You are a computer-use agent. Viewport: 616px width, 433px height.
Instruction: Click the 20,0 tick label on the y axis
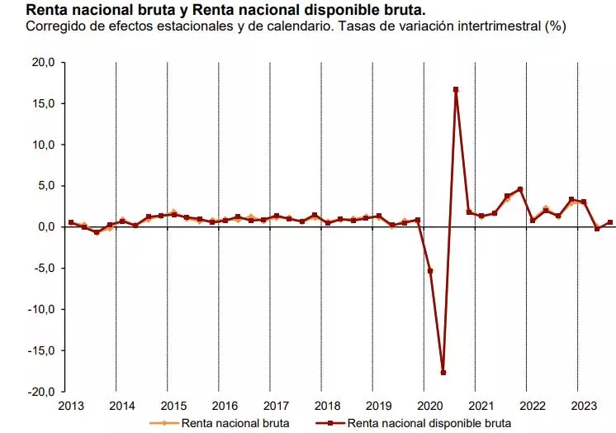pos(44,62)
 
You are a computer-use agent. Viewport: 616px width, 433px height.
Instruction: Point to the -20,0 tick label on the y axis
pos(42,392)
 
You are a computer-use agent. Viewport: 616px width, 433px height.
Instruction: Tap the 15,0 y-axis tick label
pos(44,103)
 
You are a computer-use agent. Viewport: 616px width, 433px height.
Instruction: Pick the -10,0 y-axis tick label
pos(42,309)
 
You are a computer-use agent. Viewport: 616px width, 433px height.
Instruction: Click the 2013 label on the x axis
pos(71,406)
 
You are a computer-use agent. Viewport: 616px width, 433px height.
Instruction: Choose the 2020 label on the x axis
pos(429,406)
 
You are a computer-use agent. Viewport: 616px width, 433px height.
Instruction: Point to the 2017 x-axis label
pos(276,406)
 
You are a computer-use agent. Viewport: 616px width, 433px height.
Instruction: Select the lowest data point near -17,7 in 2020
pos(443,373)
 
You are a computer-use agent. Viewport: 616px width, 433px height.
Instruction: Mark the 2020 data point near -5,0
pos(430,271)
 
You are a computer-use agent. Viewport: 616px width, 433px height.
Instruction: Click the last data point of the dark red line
pos(610,222)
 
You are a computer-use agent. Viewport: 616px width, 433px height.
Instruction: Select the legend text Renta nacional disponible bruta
pos(429,423)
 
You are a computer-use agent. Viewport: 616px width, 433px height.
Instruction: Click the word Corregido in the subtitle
pos(56,27)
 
